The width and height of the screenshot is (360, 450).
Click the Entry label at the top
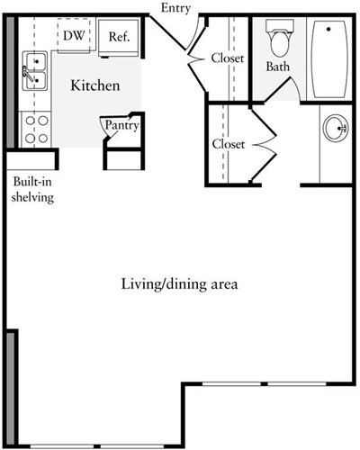175,8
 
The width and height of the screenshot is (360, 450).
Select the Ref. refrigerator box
118,36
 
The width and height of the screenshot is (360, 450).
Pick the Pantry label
121,126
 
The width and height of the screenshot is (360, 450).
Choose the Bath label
277,67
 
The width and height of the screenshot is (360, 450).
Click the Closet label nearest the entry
228,58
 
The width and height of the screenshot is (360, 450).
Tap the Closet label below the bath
229,144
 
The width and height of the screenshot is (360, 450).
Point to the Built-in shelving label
32,190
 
